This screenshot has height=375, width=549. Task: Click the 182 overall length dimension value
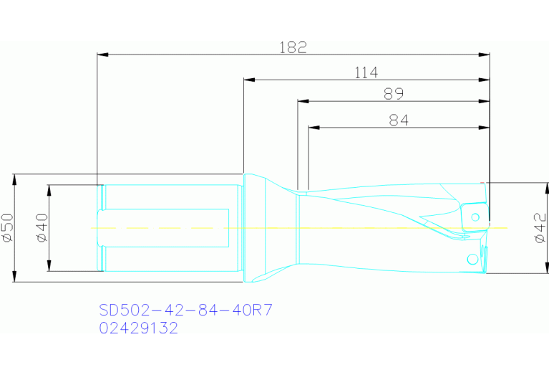coord(293,47)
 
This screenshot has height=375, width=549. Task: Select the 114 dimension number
coord(365,72)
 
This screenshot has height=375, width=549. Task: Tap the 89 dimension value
coord(393,94)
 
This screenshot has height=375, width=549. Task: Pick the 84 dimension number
coord(398,120)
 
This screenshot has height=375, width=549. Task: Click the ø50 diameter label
coord(7,227)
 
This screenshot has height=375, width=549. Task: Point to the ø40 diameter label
coord(41,228)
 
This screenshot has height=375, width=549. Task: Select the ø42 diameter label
coord(541,228)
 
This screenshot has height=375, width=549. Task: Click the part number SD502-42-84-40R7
coord(186,310)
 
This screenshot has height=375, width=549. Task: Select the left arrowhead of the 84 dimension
coord(313,128)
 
